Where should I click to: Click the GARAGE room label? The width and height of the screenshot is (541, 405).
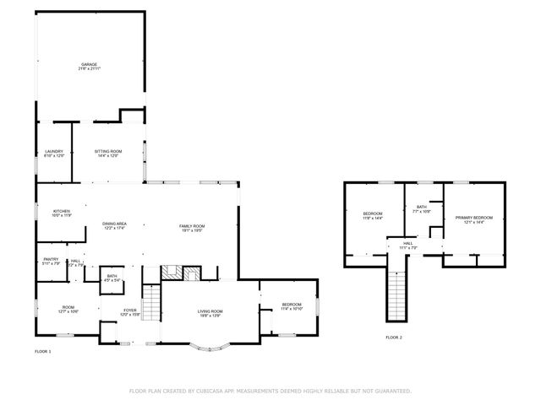coord(89,64)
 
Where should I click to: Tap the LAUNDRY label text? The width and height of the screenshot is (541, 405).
coord(54,152)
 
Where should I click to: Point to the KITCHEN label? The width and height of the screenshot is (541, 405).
coord(62,211)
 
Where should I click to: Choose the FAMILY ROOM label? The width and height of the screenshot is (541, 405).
coord(192,226)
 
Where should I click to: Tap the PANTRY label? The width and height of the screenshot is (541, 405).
coord(51,260)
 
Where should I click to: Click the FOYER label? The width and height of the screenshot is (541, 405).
coord(129,310)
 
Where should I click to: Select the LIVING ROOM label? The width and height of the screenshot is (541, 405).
coord(210,310)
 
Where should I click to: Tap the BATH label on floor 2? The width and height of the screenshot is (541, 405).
coord(421,207)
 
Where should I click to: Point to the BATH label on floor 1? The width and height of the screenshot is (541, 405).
coord(112,276)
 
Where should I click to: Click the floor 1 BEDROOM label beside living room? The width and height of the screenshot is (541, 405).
coord(292,305)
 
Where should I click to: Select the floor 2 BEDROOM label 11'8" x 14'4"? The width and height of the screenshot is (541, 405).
coord(373,214)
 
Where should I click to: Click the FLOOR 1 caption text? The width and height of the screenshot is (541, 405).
coord(43,350)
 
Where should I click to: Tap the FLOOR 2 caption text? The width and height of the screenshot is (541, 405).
coord(394,337)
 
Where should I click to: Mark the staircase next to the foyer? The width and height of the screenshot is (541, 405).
coord(150,301)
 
